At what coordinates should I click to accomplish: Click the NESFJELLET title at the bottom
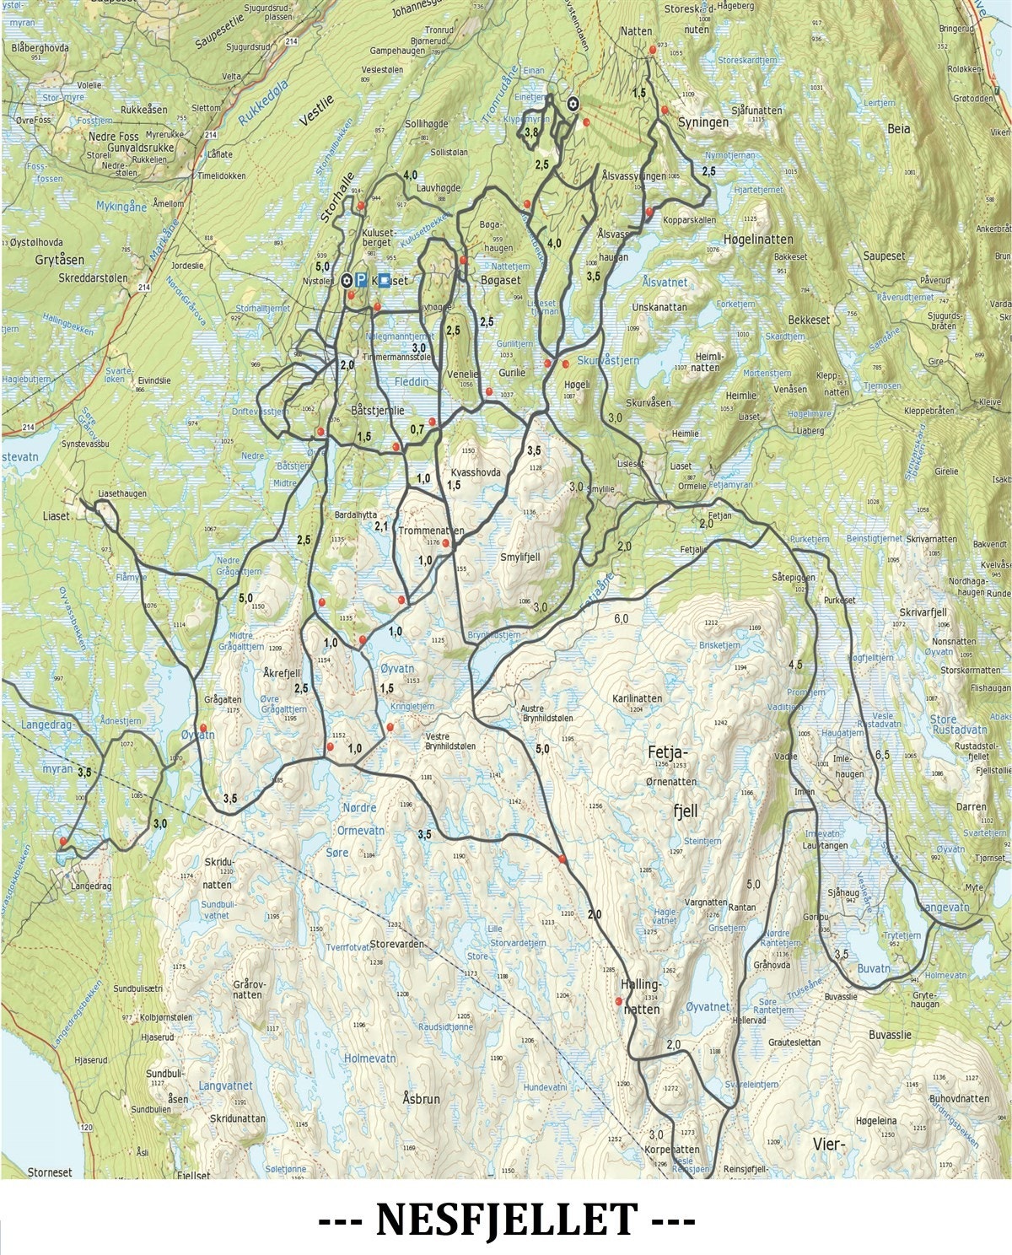(506, 1220)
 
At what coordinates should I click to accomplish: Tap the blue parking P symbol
(361, 280)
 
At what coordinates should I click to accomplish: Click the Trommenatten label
(431, 531)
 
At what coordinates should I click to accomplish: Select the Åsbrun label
(421, 1099)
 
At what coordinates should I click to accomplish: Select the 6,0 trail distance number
(622, 619)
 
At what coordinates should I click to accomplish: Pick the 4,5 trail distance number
(794, 665)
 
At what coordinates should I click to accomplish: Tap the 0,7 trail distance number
(417, 430)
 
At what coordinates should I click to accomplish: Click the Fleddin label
(412, 382)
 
